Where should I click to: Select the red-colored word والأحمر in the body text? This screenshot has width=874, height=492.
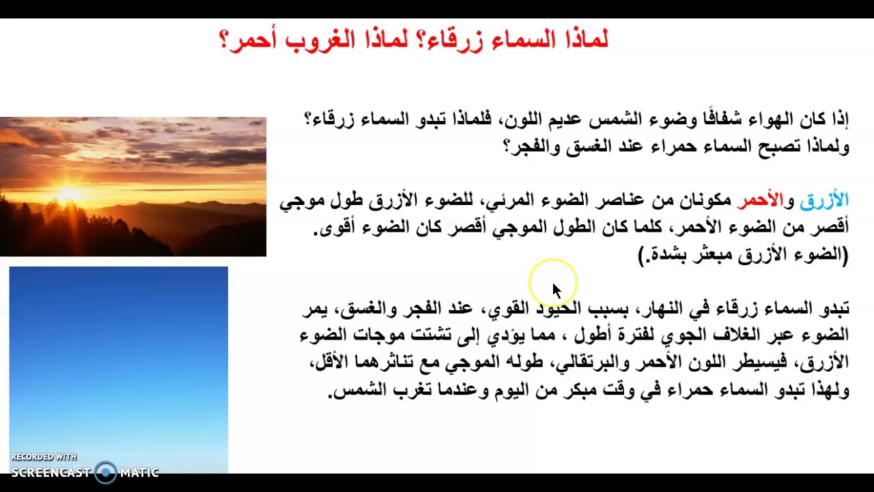pyautogui.click(x=760, y=201)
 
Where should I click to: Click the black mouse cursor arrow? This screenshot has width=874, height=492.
pyautogui.click(x=555, y=290)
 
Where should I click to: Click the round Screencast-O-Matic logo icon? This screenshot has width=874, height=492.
pyautogui.click(x=106, y=472)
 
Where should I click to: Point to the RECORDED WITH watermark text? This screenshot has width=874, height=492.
pyautogui.click(x=44, y=457)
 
